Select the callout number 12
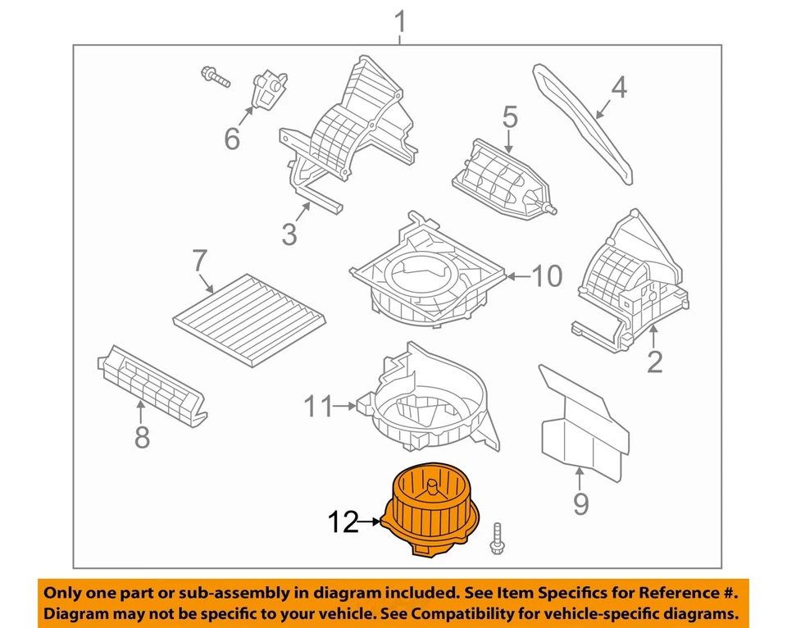pos(345,521)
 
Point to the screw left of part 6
pos(213,77)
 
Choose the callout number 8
pos(142,438)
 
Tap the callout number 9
pos(580,502)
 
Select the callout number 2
pos(653,361)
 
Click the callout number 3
pos(289,234)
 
